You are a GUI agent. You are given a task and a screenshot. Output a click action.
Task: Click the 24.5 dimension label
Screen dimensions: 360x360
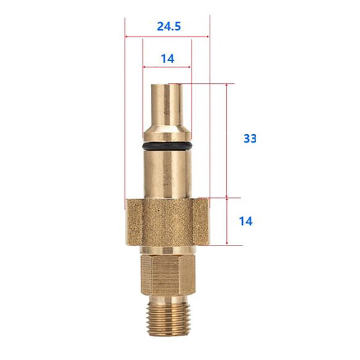click(x=169, y=27)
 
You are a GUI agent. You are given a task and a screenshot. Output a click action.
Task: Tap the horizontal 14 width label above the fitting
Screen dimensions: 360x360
click(x=167, y=59)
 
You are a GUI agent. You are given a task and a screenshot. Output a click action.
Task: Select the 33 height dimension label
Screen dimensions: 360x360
click(x=250, y=138)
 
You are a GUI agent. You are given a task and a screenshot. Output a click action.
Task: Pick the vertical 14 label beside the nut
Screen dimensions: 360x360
click(x=246, y=221)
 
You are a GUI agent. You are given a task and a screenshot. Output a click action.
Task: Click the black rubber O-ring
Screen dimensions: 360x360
click(x=167, y=146)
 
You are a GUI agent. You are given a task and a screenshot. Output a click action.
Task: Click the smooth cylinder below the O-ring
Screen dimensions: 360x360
click(x=167, y=173)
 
